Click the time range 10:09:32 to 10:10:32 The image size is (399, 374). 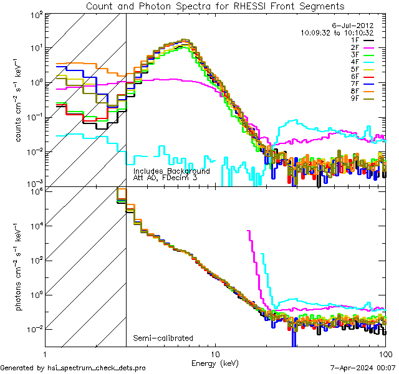[337, 32]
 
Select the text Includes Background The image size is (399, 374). [171, 171]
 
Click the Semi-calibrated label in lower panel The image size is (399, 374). [163, 338]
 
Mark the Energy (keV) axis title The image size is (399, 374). [214, 362]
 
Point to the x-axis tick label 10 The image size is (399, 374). [215, 353]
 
